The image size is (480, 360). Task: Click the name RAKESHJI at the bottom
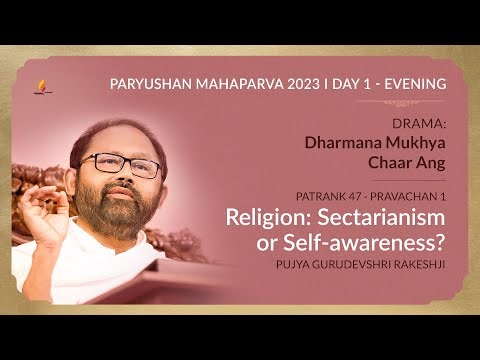(414, 266)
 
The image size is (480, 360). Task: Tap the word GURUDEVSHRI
(338, 266)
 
